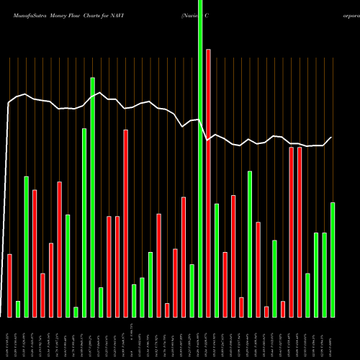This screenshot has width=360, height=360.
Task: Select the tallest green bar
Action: [x=200, y=158]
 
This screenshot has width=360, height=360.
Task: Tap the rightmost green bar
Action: [x=333, y=259]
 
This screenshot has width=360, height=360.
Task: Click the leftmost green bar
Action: [x=18, y=309]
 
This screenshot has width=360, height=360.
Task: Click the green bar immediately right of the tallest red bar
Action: [x=216, y=260]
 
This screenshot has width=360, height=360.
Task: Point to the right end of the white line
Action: [x=332, y=138]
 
